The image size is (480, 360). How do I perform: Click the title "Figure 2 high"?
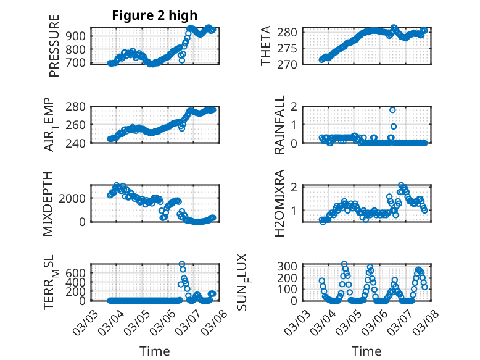(154, 16)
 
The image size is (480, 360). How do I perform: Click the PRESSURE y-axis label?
(55, 45)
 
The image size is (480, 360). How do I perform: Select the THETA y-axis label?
(266, 45)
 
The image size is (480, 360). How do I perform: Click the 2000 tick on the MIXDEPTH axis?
(75, 198)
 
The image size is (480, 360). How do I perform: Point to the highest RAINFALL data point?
(392, 110)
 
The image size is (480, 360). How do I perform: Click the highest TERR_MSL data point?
(182, 264)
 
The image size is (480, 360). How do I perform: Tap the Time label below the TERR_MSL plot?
(154, 351)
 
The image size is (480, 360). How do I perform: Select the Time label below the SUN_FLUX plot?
(366, 351)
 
